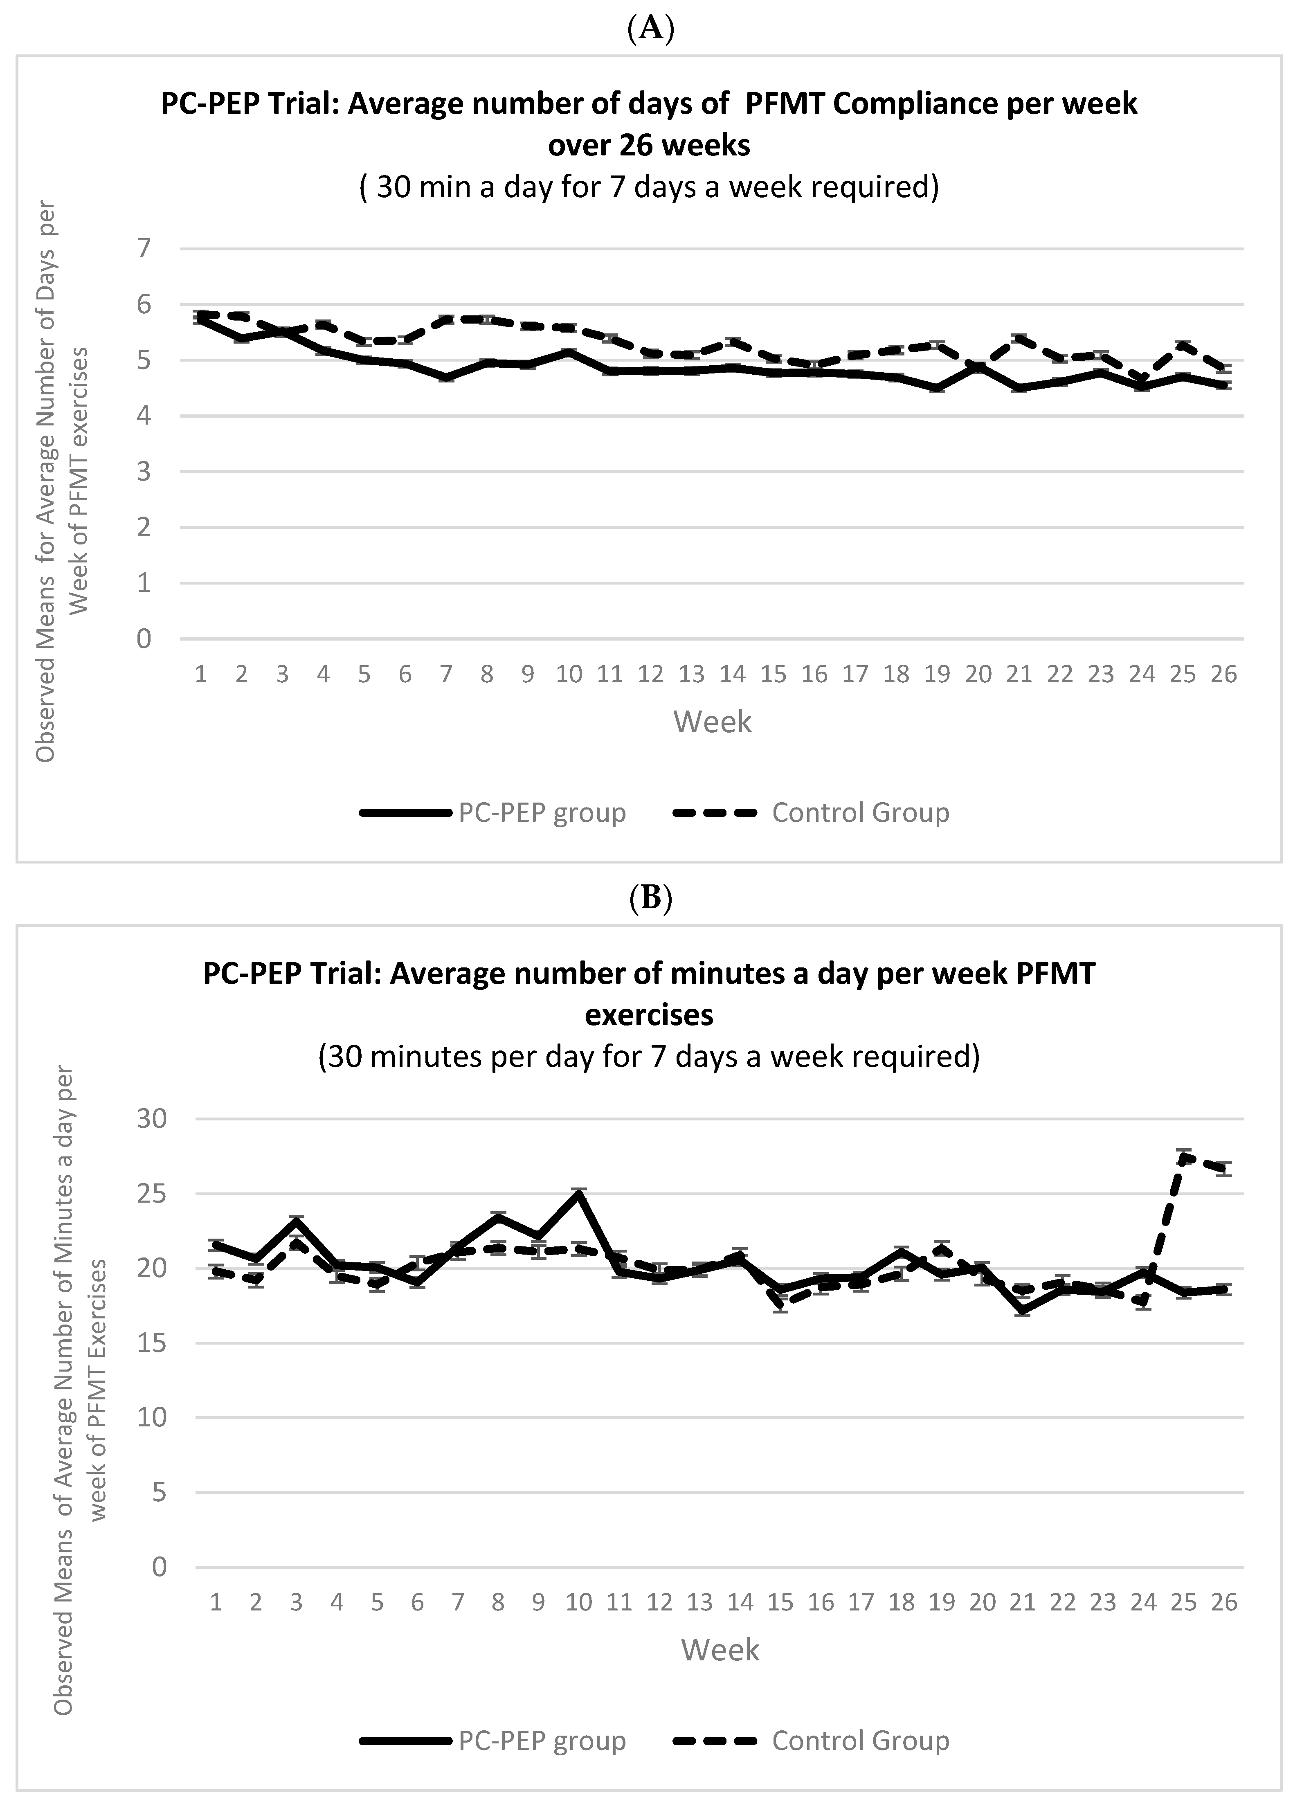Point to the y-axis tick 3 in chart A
143,471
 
